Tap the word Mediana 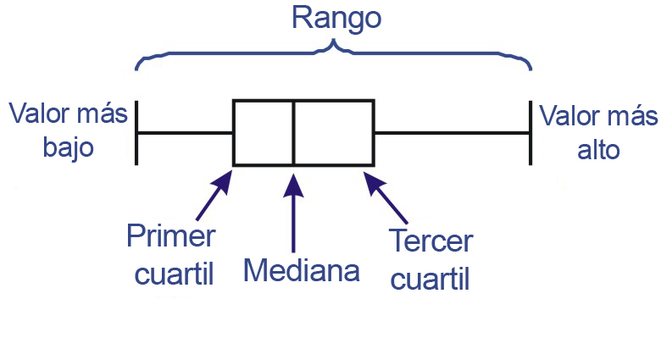[x=302, y=270]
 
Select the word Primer [x=170, y=236]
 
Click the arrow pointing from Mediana [x=293, y=211]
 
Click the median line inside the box [x=293, y=133]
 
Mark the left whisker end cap [x=136, y=133]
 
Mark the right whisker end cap [x=531, y=133]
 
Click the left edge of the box [x=234, y=133]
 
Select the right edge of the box [x=374, y=133]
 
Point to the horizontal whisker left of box [x=185, y=133]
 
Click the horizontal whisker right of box [x=453, y=133]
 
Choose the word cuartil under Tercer [x=430, y=277]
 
